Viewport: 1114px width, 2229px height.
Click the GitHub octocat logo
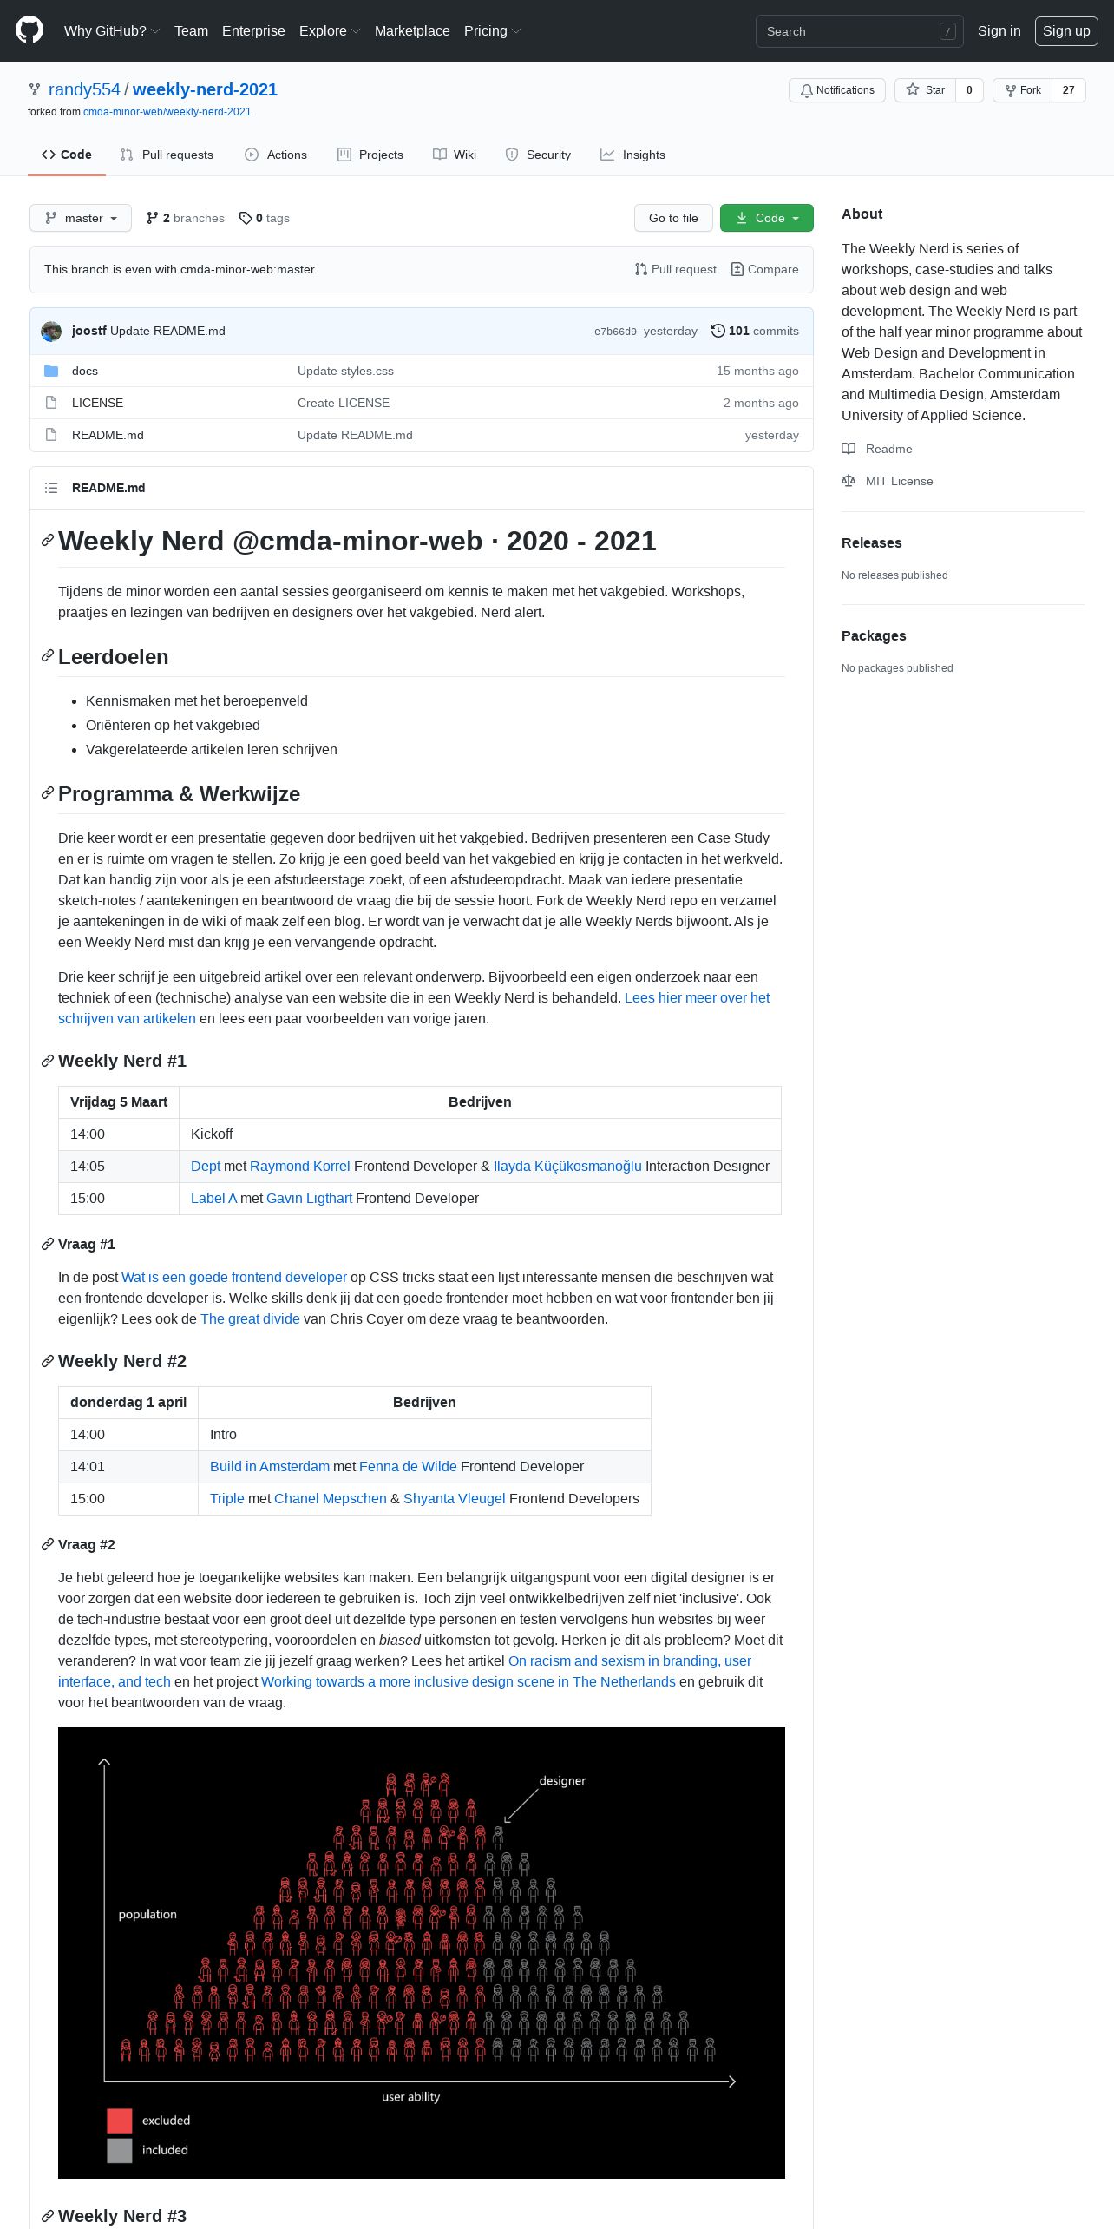tap(29, 30)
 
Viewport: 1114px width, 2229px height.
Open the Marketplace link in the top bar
tap(412, 31)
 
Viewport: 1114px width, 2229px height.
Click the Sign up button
tap(1065, 31)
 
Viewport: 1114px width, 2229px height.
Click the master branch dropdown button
tap(81, 218)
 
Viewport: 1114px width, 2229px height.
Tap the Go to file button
tap(673, 218)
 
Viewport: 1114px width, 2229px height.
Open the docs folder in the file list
tap(85, 371)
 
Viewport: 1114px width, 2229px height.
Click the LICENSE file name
tap(97, 403)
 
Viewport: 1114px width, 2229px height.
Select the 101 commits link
tap(755, 331)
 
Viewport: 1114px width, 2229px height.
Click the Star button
tap(926, 90)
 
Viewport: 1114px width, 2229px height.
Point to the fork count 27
tap(1068, 90)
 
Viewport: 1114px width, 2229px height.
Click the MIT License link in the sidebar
tap(899, 481)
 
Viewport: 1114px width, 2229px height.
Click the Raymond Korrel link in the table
tap(300, 1166)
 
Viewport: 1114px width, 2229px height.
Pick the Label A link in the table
tap(213, 1198)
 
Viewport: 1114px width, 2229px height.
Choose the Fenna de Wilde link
tap(408, 1466)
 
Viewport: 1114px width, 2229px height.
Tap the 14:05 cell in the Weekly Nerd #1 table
tap(88, 1166)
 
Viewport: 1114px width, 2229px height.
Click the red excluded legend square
tap(120, 2121)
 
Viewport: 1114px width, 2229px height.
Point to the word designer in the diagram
tap(562, 1780)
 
